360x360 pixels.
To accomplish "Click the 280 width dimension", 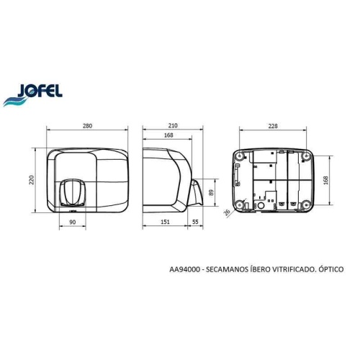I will coord(87,127).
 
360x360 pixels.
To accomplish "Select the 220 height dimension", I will coord(32,180).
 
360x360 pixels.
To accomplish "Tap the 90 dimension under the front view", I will coord(73,223).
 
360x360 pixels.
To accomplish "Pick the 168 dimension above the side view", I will coord(168,136).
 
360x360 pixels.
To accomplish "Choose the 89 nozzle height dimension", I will coord(210,192).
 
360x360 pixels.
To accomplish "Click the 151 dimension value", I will coord(166,223).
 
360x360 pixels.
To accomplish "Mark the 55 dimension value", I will coord(197,223).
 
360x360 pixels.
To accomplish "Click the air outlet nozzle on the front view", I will coord(72,192).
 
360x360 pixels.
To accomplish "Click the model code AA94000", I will coord(184,269).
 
